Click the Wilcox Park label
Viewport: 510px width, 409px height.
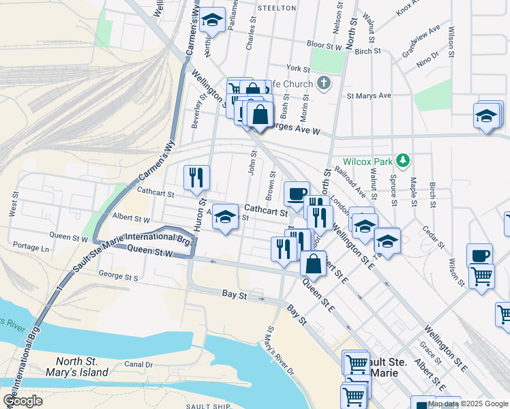click(368, 162)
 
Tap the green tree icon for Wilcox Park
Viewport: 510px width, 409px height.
click(404, 161)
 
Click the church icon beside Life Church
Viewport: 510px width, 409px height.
click(324, 84)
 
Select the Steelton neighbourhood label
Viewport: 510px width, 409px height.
click(277, 8)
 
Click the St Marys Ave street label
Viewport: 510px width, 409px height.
click(369, 96)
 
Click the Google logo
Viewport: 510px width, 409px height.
click(22, 401)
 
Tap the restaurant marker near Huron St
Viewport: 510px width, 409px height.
click(196, 177)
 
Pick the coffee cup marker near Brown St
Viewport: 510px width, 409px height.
click(297, 194)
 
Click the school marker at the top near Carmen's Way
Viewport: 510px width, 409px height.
click(213, 20)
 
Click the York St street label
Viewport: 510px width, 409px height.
click(299, 69)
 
